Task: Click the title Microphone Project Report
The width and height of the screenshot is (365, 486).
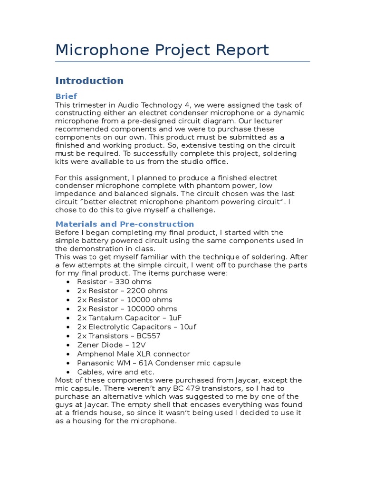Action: [162, 50]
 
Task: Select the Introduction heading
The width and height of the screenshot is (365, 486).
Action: [89, 81]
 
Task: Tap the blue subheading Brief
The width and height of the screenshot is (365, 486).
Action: [66, 96]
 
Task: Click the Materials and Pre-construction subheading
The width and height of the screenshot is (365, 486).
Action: [125, 224]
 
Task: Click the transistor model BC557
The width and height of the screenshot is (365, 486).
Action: [145, 336]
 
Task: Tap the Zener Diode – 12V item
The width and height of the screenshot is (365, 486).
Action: [112, 345]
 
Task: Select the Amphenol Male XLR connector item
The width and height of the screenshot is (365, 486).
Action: [134, 354]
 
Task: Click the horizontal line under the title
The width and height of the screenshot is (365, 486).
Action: [182, 62]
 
